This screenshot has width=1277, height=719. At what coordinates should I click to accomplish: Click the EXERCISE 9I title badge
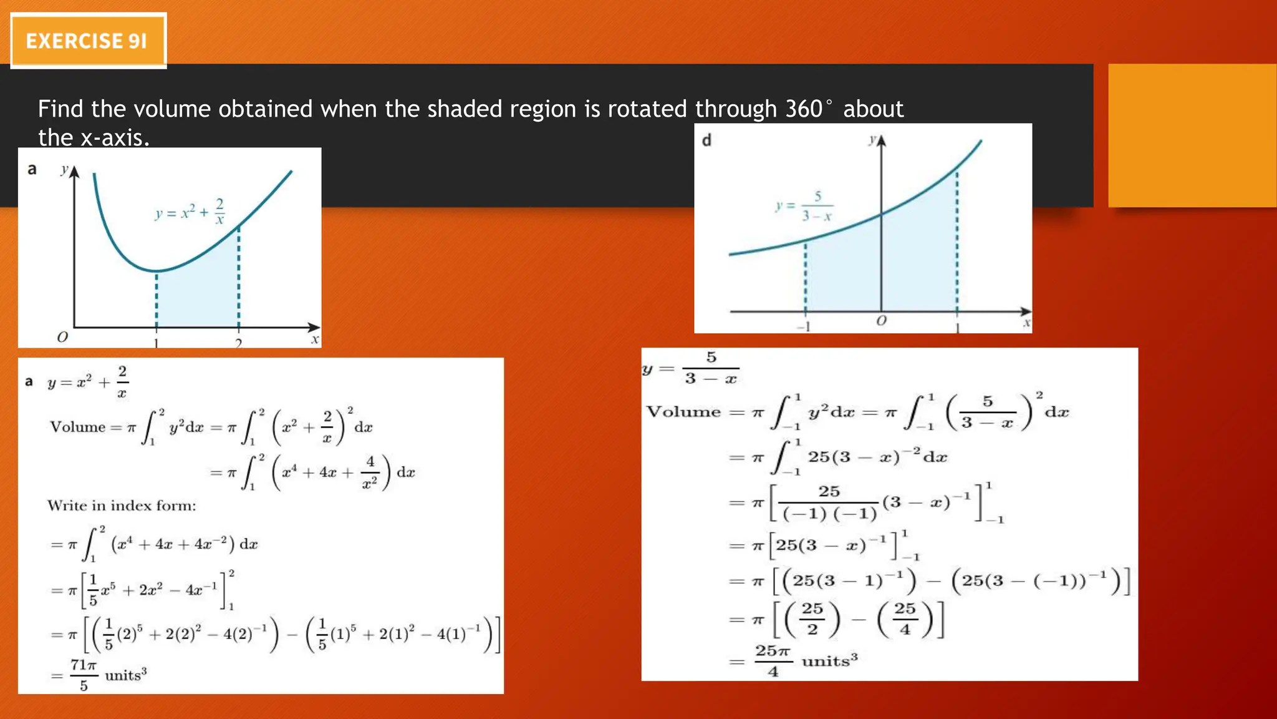[x=88, y=41]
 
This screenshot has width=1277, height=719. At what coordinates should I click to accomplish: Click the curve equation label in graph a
[x=190, y=212]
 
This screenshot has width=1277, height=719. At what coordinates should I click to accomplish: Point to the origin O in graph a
[x=62, y=338]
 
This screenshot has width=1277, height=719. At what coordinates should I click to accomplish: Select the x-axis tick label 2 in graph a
[x=238, y=343]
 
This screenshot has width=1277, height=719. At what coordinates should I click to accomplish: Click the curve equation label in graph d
[x=805, y=207]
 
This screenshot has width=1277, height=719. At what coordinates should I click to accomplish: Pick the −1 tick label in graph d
[x=804, y=326]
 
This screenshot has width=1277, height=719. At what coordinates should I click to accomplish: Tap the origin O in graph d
[x=880, y=321]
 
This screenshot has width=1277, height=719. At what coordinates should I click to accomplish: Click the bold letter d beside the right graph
[x=706, y=140]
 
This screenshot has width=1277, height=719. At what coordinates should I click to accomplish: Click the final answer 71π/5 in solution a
[x=83, y=675]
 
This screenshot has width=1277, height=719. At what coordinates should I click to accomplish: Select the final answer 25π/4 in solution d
[x=773, y=660]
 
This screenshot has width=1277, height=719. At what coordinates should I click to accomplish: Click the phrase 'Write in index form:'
[x=122, y=506]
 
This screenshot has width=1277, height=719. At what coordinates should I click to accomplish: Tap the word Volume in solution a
[x=78, y=428]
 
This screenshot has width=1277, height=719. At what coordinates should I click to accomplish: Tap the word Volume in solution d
[x=683, y=412]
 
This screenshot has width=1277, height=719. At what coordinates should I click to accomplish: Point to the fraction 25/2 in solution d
[x=812, y=619]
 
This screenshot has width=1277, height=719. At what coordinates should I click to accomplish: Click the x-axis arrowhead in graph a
[x=314, y=327]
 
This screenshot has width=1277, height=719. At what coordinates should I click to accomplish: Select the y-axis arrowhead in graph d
[x=881, y=141]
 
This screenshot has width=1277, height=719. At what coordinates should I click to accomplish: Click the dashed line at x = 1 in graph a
[x=157, y=300]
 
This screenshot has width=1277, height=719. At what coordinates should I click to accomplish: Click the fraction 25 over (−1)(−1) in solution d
[x=829, y=502]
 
